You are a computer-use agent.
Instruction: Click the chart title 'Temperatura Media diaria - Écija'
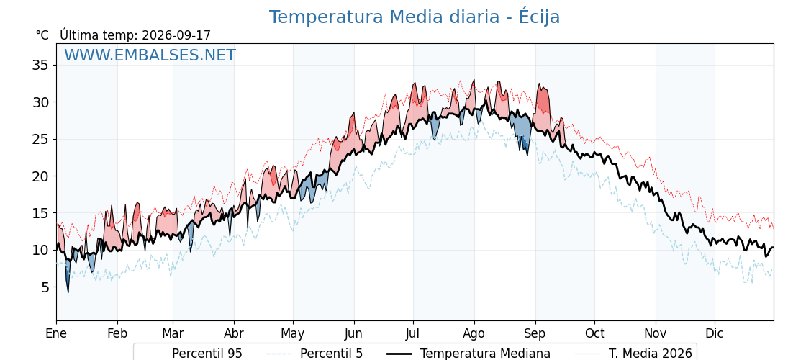tap(415, 17)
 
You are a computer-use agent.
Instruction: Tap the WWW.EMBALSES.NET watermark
tap(150, 55)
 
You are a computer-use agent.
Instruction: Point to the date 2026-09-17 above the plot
tap(176, 35)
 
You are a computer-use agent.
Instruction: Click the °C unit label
tap(42, 35)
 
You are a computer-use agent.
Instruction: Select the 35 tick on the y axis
tap(40, 66)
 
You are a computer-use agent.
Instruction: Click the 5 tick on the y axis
tap(45, 287)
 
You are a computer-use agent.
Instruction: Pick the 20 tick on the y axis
tap(40, 176)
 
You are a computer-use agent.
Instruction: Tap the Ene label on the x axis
tap(56, 334)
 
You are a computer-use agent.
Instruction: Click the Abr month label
tap(234, 334)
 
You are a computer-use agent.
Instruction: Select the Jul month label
tap(413, 334)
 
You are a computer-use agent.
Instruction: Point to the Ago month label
tap(474, 334)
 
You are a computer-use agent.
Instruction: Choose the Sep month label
tap(535, 334)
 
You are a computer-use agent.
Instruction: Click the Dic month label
tap(715, 334)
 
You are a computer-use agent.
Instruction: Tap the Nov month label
tap(656, 334)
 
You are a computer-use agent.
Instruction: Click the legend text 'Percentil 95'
tap(207, 354)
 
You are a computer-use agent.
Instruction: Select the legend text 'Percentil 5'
tap(332, 354)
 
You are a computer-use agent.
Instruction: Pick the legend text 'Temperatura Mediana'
tap(485, 354)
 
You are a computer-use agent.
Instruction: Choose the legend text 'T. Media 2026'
tap(651, 354)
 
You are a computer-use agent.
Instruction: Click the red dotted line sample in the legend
tap(150, 354)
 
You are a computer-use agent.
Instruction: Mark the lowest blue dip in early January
tap(68, 292)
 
